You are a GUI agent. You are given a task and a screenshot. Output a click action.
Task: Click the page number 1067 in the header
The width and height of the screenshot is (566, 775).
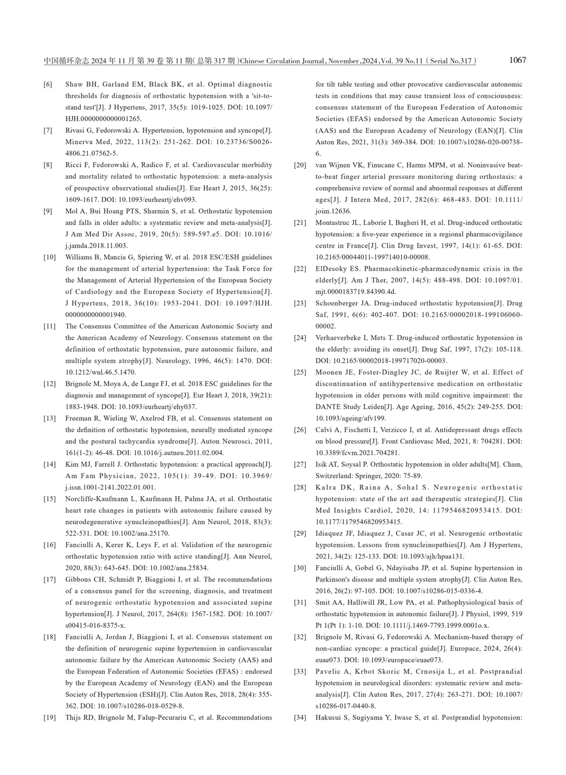coord(517,60)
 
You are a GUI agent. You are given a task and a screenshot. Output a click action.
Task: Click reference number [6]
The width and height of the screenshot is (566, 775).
coord(48,85)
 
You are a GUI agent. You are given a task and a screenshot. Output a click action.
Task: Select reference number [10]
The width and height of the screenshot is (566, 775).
coord(50,257)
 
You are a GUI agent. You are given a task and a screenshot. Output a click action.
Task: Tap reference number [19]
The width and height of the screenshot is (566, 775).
coord(50,718)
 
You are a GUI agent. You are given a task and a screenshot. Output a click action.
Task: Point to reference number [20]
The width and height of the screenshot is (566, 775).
coord(300,165)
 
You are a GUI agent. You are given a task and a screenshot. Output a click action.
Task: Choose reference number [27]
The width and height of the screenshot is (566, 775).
coord(300,464)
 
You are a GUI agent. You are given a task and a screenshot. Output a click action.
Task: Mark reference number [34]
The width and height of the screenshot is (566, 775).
coord(300,718)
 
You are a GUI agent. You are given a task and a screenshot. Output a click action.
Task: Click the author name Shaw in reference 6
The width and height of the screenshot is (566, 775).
coord(74,85)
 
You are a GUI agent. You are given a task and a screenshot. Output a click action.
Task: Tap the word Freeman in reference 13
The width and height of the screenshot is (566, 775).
coord(79,418)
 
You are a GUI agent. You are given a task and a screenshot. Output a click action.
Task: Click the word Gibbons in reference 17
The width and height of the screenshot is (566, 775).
coord(78,579)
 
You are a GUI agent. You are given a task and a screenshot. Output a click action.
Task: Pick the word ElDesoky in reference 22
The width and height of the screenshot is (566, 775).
coord(329,269)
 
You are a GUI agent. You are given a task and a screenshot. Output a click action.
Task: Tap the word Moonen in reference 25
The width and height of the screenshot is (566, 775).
coord(328,372)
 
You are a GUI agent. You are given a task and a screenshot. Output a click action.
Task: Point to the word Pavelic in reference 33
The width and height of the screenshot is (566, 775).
coord(327,672)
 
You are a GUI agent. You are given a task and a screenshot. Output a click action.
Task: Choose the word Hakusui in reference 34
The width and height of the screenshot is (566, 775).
coord(329,718)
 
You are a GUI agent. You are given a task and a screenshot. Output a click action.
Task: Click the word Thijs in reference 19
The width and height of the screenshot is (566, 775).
coord(73,718)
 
